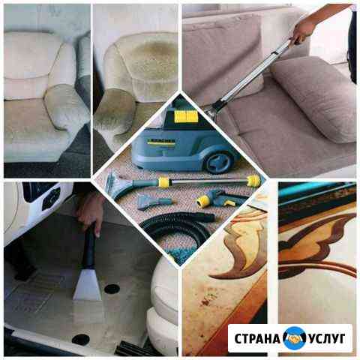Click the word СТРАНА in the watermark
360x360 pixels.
(257, 339)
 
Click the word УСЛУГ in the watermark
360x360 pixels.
(326, 339)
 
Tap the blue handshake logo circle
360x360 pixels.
(295, 338)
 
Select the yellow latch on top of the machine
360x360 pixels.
(186, 116)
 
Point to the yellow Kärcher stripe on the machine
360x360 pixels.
(161, 143)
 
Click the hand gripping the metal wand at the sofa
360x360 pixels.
(301, 32)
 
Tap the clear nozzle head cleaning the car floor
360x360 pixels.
(88, 286)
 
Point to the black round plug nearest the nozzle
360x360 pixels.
(112, 289)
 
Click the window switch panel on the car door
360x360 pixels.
(52, 198)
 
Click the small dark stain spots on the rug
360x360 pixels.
(208, 298)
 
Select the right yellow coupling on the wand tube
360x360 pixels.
(253, 179)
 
